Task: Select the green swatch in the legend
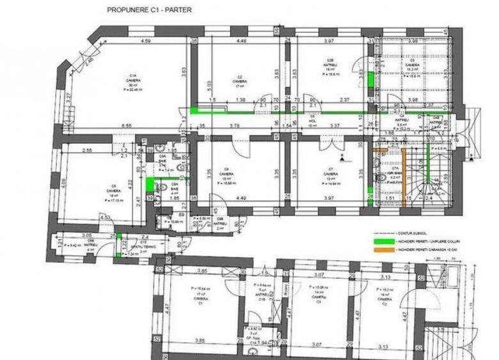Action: (x=386, y=241)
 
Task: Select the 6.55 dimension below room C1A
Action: (x=125, y=126)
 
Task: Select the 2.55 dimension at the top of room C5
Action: (x=88, y=150)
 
